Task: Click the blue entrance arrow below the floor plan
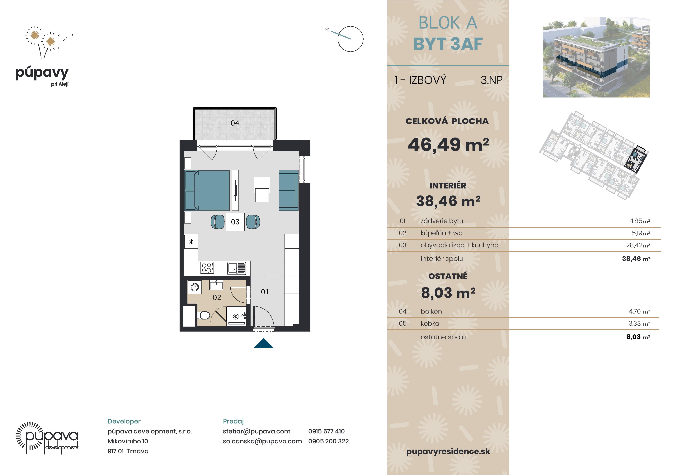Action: coord(264,343)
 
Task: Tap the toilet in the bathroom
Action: coord(203,315)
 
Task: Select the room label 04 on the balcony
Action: coord(235,123)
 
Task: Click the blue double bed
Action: coord(207,191)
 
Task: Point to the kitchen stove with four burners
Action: coord(207,268)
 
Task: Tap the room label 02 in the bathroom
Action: coord(217,297)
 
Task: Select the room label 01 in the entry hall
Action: coord(265,292)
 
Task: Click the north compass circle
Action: coord(350,39)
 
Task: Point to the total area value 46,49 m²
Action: coord(448,145)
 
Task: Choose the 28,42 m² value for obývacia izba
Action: coord(638,245)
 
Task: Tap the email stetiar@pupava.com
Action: coord(256,431)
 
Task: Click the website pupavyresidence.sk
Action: coord(448,451)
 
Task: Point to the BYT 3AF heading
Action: coord(448,44)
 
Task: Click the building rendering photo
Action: coord(596,57)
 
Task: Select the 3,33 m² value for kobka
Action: coord(639,323)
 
